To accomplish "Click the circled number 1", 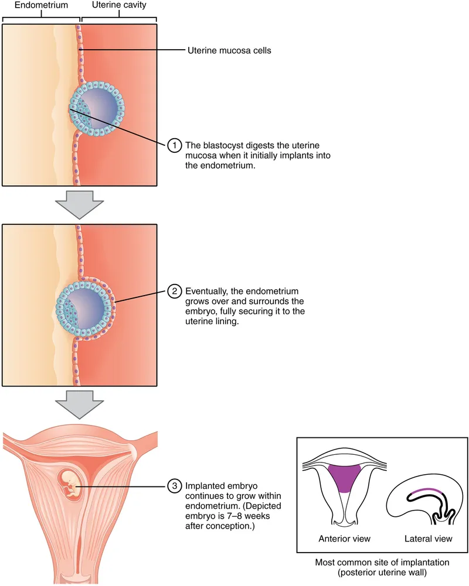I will click(x=174, y=145).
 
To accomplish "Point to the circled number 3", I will click(x=174, y=485).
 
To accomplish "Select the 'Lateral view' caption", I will click(x=423, y=538).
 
